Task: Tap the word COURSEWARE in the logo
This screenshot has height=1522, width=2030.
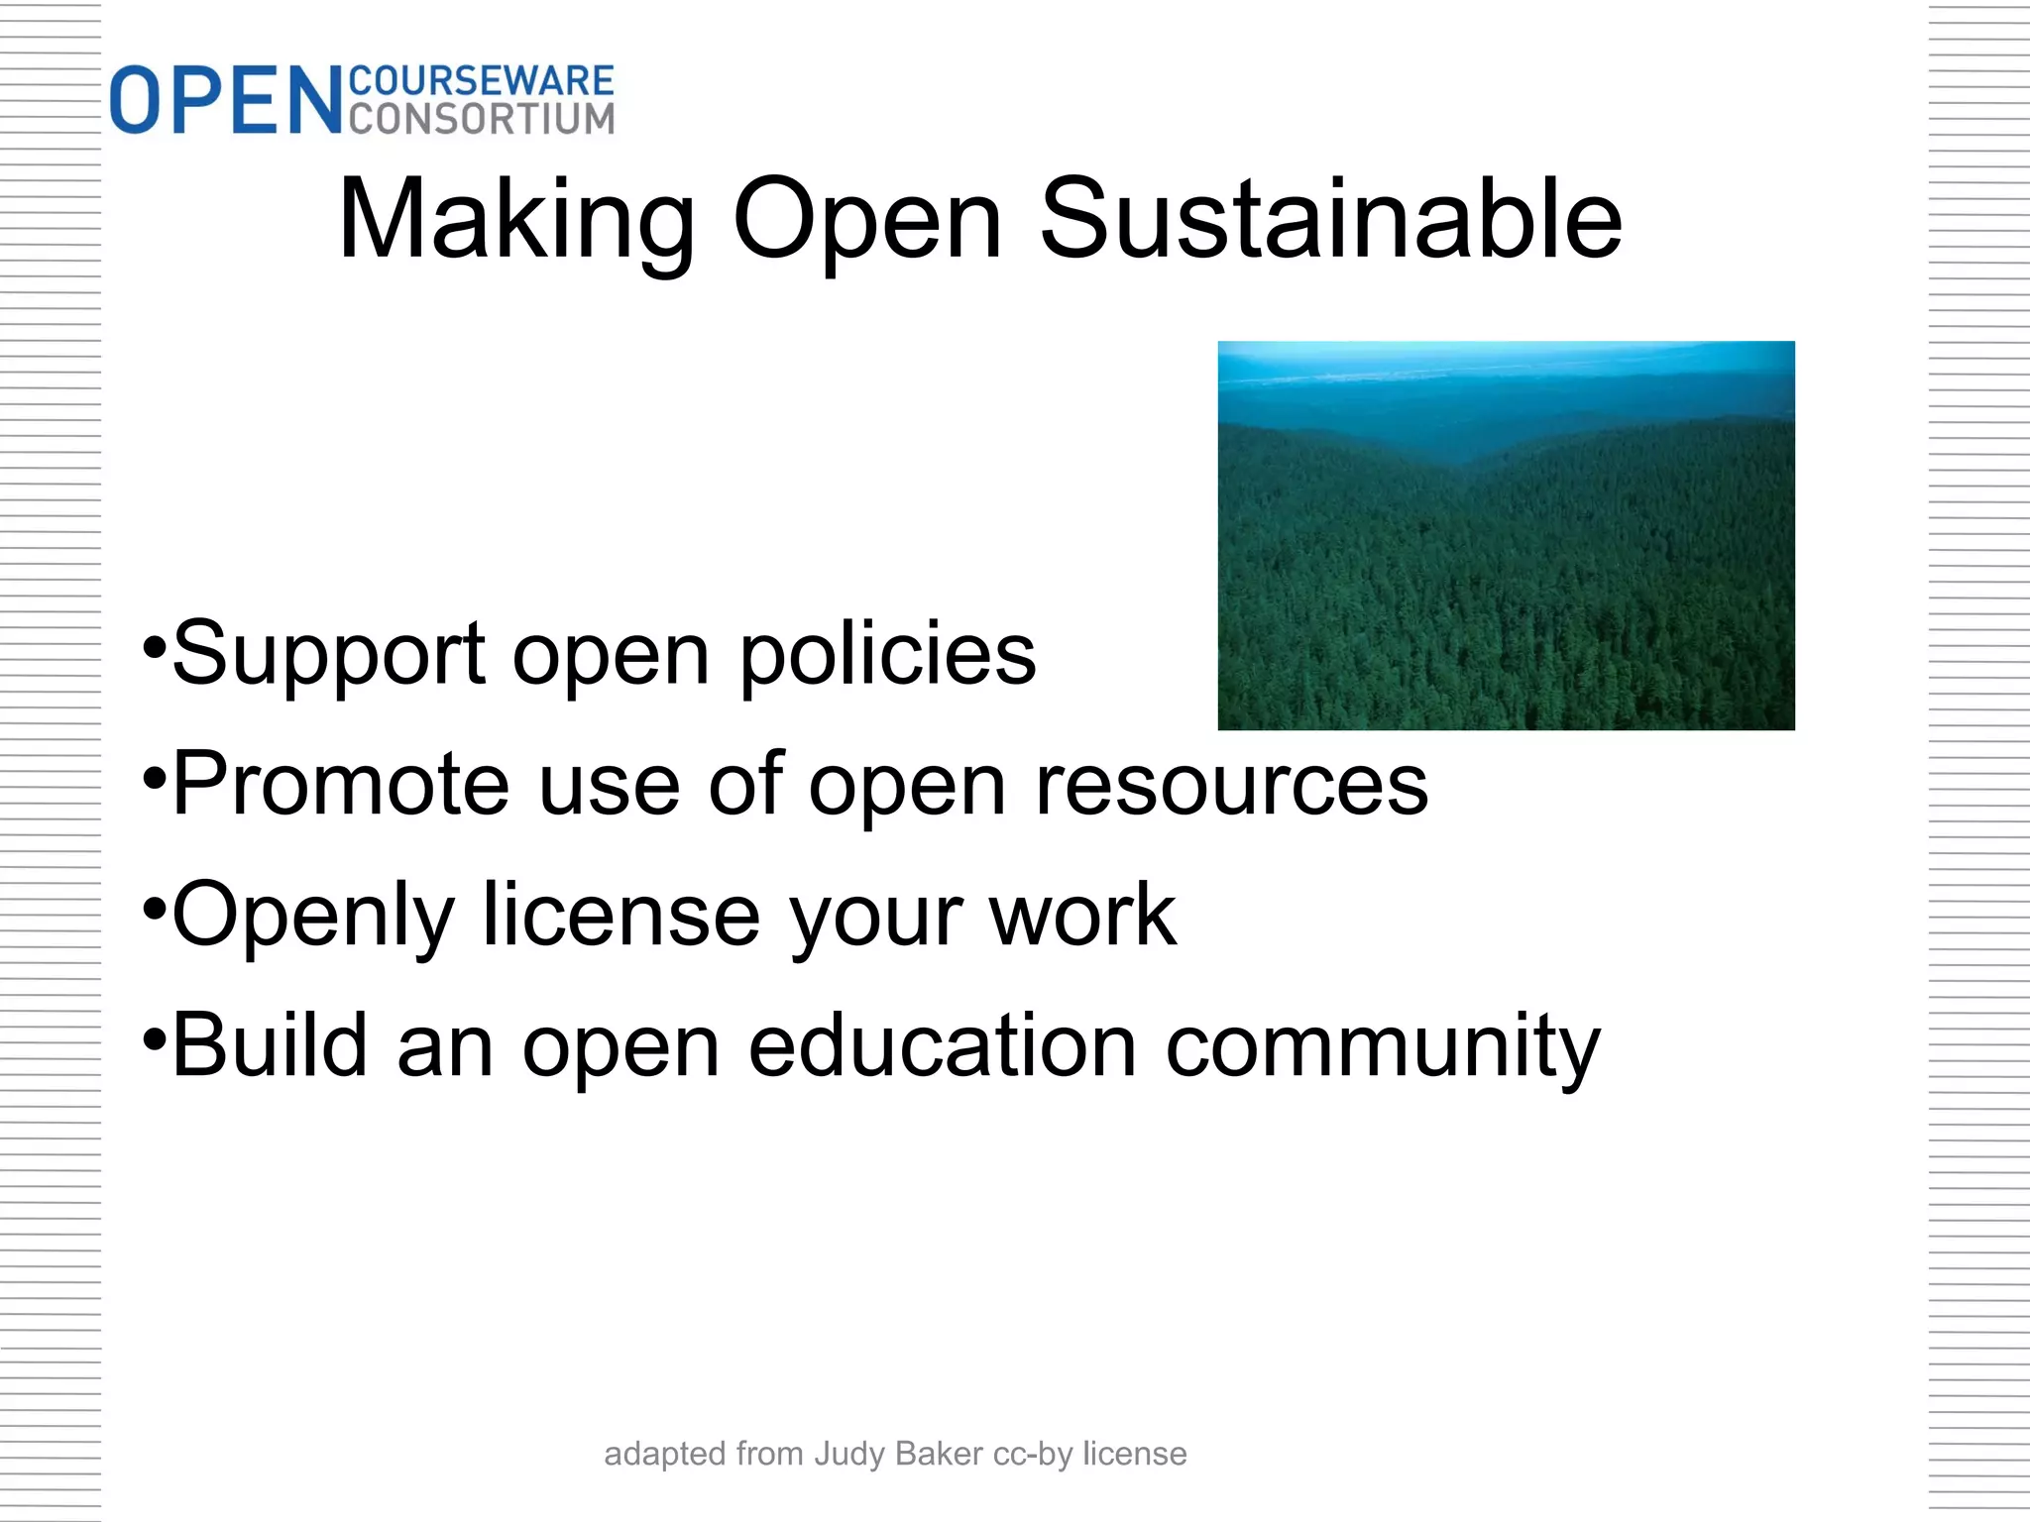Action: coord(482,81)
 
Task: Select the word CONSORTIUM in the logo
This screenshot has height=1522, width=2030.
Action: coord(482,119)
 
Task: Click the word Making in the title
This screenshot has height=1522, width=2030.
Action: coord(516,220)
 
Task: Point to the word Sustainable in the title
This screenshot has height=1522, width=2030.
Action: coord(1330,220)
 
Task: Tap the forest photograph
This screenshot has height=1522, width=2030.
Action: coord(1506,535)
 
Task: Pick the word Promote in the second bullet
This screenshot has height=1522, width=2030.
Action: coord(341,785)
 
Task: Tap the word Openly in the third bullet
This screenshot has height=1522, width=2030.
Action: coord(313,918)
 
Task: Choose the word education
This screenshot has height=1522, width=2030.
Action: coord(942,1046)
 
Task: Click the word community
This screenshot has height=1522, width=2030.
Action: coord(1383,1048)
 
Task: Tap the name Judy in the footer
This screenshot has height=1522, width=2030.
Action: coord(850,1455)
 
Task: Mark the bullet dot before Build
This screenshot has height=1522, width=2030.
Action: coord(154,1040)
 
